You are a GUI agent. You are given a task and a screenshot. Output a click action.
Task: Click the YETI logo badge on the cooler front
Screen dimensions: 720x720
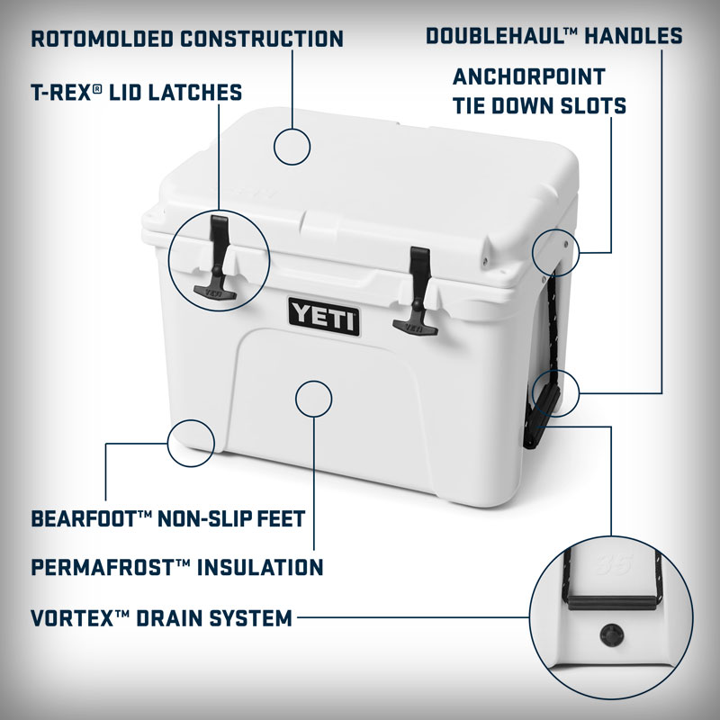[x=324, y=316]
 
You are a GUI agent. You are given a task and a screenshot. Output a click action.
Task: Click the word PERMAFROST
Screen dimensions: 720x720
[x=99, y=567]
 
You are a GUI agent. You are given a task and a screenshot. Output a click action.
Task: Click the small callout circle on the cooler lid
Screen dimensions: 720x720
[x=292, y=146]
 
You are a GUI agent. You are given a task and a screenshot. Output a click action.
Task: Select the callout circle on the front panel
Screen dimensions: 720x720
[x=313, y=398]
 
